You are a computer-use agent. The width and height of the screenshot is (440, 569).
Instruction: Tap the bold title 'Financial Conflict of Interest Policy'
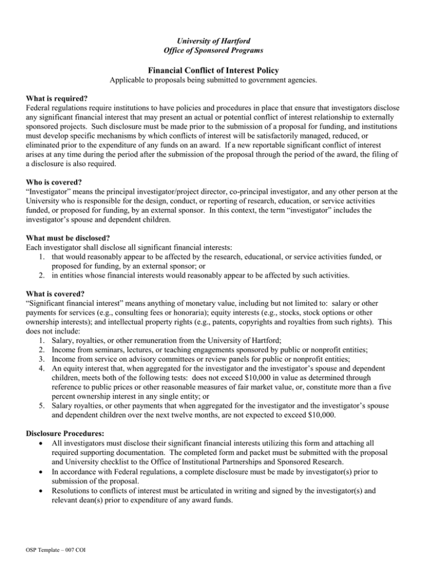point(221,70)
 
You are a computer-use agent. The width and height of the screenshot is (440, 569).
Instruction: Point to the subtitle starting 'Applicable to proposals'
point(221,81)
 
